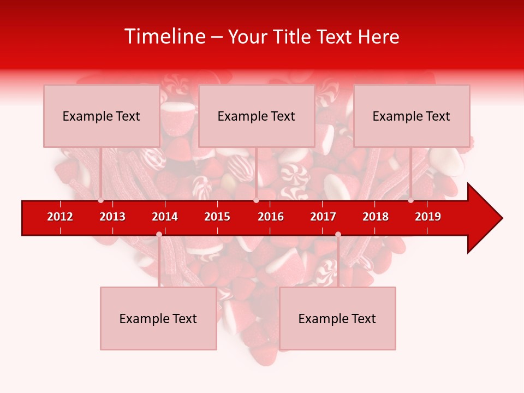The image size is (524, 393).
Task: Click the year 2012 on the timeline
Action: point(60,217)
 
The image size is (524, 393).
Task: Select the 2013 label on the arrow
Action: point(112,217)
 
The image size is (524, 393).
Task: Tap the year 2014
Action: point(165,217)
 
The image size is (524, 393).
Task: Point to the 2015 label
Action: point(217,217)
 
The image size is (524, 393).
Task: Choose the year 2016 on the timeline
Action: point(271,217)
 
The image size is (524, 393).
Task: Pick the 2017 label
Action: point(323,217)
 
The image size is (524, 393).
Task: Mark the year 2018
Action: point(376,217)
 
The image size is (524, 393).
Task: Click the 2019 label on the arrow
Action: point(428,217)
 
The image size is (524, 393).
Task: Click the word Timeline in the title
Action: point(165,37)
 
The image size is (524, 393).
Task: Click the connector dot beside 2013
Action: point(100,200)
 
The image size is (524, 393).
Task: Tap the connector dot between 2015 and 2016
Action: point(256,200)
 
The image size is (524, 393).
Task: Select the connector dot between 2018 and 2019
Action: point(410,200)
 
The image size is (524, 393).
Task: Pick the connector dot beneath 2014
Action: point(159,234)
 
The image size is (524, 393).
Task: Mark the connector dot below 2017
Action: point(338,234)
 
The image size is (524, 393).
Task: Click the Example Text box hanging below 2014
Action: point(158,318)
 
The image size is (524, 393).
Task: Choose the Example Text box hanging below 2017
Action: point(337,318)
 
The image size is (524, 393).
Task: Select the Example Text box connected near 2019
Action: point(412,116)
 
